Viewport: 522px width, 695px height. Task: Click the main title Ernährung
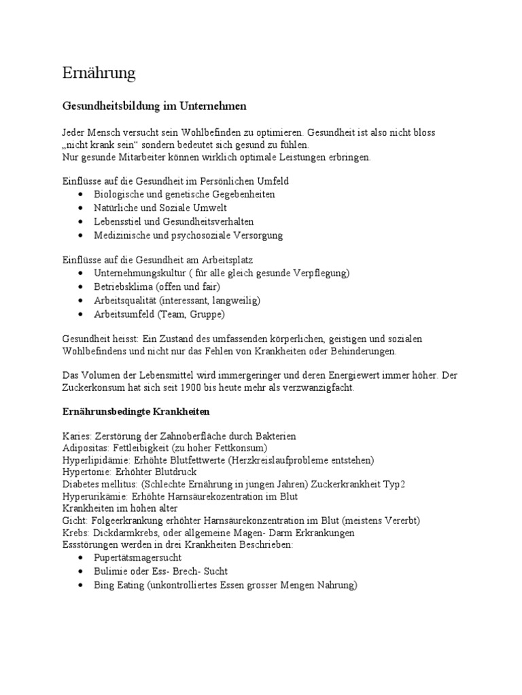[x=99, y=73]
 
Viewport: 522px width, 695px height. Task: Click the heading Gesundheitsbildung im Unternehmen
[x=154, y=107]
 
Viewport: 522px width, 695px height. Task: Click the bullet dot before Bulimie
[x=82, y=571]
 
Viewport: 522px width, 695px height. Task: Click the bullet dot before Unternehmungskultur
[x=82, y=273]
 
